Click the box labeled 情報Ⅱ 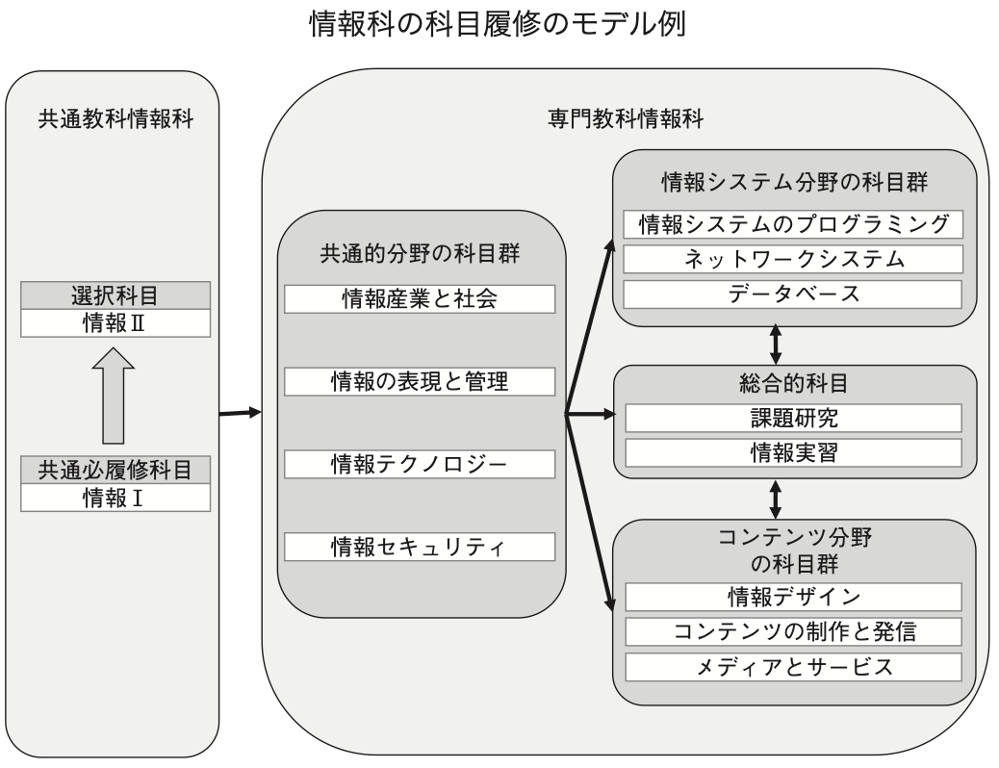115,323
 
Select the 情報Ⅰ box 115,498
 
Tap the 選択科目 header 115,295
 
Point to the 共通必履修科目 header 115,471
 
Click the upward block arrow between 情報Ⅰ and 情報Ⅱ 114,396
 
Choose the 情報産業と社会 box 420,299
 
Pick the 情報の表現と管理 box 420,382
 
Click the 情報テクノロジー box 420,464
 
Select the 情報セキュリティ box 420,547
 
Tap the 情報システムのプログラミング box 793,224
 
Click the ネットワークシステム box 793,260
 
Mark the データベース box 793,294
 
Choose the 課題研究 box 793,418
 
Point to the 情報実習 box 793,453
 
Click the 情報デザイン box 793,598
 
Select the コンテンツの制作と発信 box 793,631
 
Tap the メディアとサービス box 793,667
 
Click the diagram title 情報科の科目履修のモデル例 498,24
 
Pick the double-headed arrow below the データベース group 776,345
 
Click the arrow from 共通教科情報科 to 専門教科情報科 241,413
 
